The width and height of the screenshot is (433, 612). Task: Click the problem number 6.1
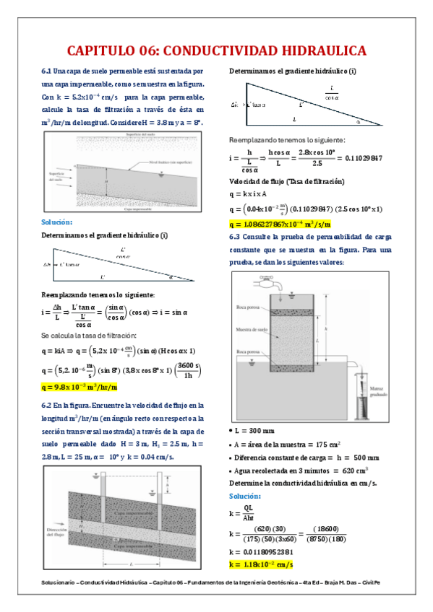click(48, 71)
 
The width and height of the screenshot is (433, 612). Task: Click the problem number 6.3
click(236, 236)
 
